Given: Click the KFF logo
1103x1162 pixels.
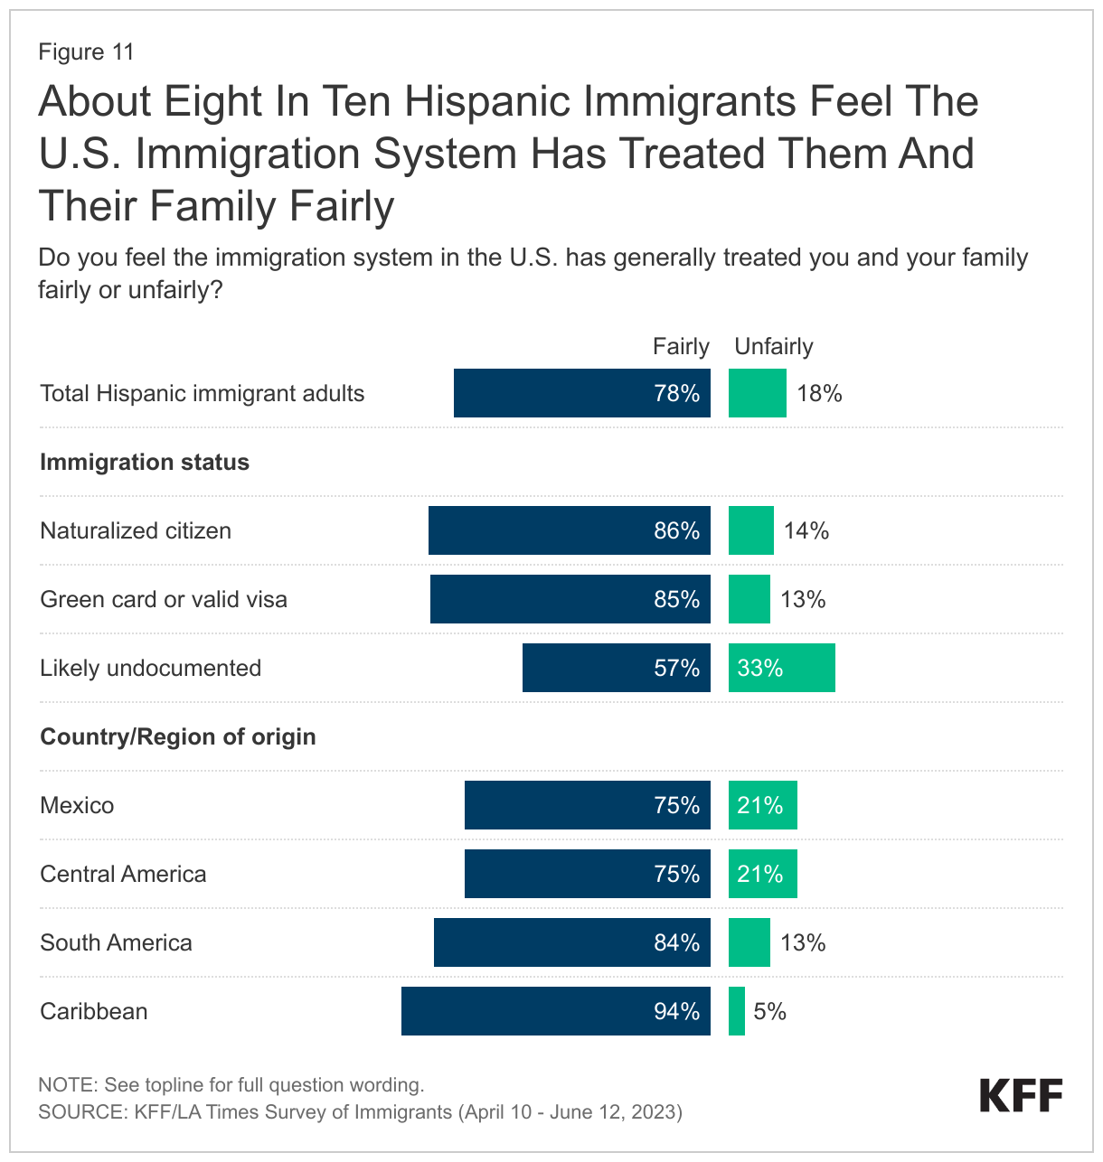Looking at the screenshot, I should [1021, 1095].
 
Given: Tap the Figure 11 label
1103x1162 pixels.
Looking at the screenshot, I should [86, 52].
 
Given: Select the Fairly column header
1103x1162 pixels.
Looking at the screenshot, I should [681, 346].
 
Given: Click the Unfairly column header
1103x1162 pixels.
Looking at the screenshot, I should [774, 346].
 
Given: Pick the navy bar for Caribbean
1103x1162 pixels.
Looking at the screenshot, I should [555, 1011].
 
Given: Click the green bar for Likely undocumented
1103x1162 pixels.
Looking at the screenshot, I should [782, 668].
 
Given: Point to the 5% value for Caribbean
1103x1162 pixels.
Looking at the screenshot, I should [769, 1011].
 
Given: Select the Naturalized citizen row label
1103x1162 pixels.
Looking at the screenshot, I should [136, 530].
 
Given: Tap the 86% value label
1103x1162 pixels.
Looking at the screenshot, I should [676, 530].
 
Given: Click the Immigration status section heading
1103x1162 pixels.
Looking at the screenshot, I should [145, 462].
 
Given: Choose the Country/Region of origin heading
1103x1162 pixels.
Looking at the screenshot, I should [178, 736].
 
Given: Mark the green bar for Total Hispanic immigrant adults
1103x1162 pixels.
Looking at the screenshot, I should [758, 393].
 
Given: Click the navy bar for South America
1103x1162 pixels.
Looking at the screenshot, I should [571, 942].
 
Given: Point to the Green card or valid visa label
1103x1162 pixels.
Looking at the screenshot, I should [164, 599].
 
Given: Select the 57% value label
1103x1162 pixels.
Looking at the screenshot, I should [676, 668].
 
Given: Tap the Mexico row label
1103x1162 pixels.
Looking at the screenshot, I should [77, 805].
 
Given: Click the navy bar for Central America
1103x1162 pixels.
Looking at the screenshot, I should [587, 874].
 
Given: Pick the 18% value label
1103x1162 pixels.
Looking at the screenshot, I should [819, 393].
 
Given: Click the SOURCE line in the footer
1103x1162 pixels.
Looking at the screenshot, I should [360, 1111].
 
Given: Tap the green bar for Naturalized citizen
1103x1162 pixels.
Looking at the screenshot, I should [751, 530].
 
